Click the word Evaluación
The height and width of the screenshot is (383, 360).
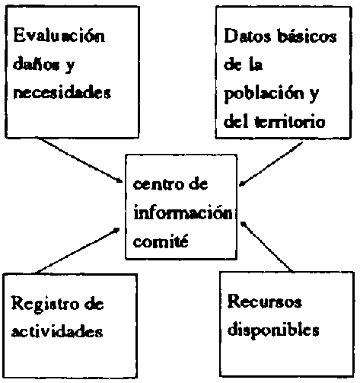click(59, 36)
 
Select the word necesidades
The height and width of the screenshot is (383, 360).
click(62, 92)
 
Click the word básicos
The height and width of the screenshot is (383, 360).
click(307, 36)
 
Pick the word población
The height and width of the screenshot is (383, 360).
click(264, 94)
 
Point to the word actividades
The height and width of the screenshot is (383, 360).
click(57, 330)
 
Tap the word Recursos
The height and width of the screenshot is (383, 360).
click(265, 302)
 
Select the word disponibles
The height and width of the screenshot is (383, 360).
click(273, 330)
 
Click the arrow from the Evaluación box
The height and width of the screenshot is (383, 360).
click(81, 161)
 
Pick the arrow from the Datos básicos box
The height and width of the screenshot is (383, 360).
click(271, 164)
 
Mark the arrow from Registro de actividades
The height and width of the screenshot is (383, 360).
click(78, 251)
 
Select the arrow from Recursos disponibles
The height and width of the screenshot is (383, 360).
click(266, 247)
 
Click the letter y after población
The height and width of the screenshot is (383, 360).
click(314, 96)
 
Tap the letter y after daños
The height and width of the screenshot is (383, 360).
click(69, 66)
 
